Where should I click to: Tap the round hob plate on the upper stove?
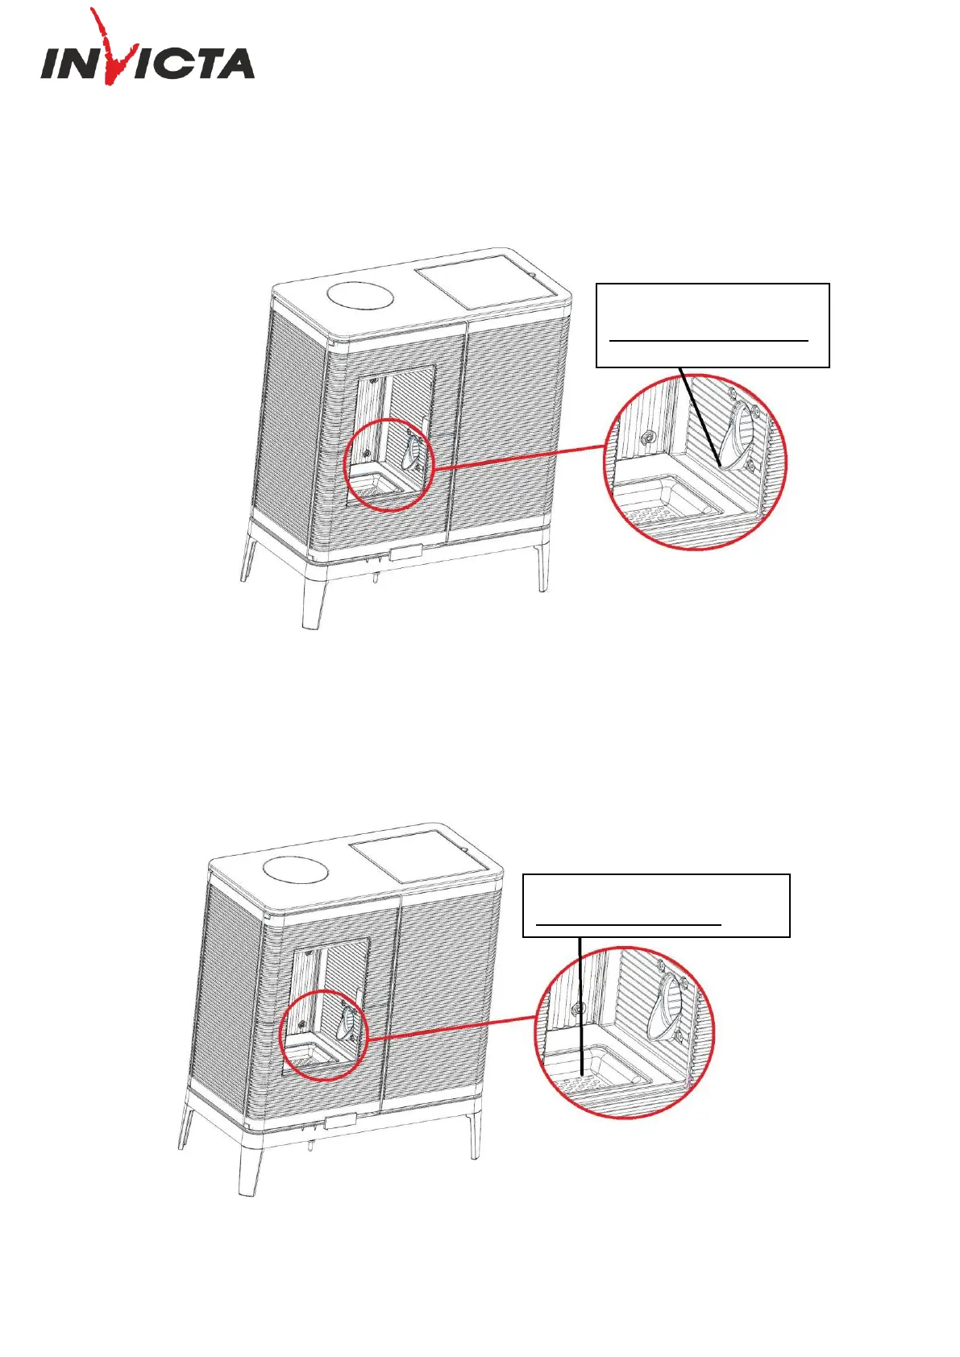pos(360,296)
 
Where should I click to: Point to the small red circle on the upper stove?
pos(389,466)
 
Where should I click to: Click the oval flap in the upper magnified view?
pos(742,436)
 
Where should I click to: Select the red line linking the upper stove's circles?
pos(520,456)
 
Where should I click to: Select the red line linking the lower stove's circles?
pos(451,1028)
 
